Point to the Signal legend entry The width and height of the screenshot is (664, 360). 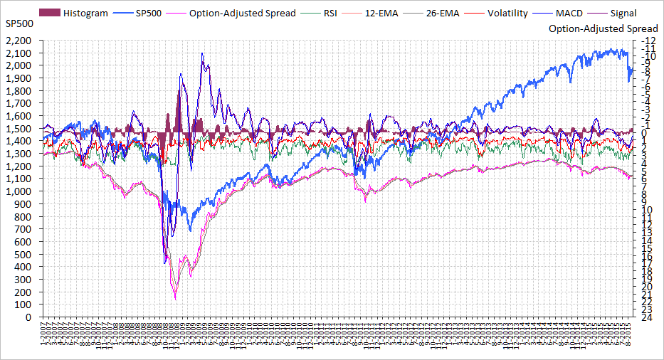(x=623, y=13)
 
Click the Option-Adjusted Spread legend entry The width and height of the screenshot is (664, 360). (x=242, y=13)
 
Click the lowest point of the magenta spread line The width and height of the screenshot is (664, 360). (x=175, y=300)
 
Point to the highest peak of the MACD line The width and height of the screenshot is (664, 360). (x=203, y=53)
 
